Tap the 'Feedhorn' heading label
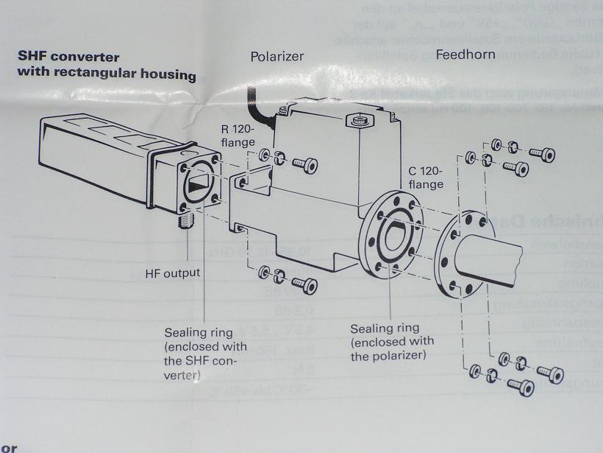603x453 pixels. pyautogui.click(x=465, y=55)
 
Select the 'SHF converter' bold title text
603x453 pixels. pyautogui.click(x=68, y=57)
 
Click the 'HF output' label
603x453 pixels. pyautogui.click(x=173, y=273)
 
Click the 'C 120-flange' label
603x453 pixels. pyautogui.click(x=427, y=177)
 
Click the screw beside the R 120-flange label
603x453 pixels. pyautogui.click(x=303, y=164)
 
